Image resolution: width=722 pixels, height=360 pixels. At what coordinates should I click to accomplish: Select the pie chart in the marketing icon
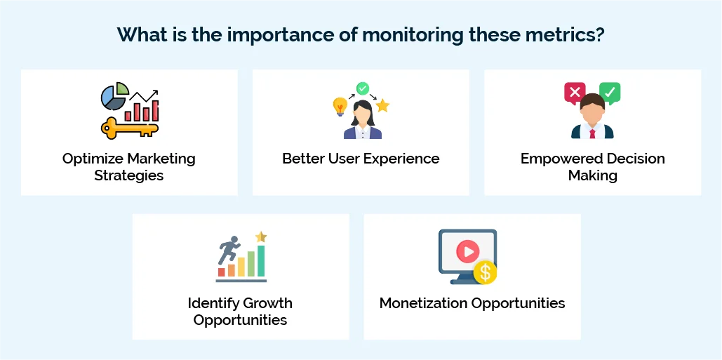tap(114, 97)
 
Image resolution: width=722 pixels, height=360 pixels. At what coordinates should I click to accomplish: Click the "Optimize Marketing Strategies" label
tap(129, 166)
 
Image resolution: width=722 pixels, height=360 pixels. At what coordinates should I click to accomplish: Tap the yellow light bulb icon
tap(340, 106)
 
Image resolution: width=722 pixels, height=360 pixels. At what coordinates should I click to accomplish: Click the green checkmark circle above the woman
tap(362, 88)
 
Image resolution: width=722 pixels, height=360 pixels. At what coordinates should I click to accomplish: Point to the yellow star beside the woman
tap(382, 106)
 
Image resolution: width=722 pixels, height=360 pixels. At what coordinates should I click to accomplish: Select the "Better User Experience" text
tap(361, 159)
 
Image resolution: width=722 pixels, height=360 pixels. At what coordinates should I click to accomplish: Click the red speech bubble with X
tap(575, 92)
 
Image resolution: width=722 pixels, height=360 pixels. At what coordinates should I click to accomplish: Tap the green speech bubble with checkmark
tap(610, 92)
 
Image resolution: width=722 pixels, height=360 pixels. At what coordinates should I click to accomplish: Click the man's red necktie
tap(592, 133)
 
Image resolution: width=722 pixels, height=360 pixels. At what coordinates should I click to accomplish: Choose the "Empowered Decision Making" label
tap(592, 166)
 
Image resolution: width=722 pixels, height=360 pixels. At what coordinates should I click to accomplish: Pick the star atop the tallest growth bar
tap(261, 237)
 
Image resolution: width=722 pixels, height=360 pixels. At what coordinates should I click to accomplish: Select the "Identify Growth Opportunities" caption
tap(240, 312)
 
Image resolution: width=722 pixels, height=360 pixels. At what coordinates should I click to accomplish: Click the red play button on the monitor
tap(467, 251)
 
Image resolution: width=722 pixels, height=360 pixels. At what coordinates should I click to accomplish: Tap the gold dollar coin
tap(485, 272)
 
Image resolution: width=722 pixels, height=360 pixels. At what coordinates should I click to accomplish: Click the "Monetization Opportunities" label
tap(472, 303)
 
